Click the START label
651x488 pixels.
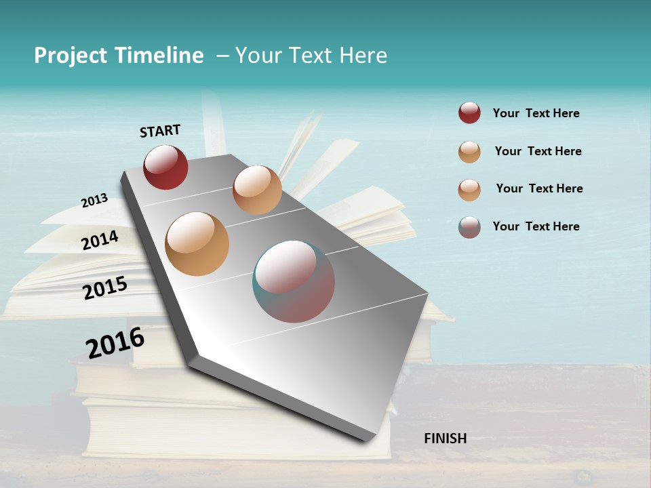160,131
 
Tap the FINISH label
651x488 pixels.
445,439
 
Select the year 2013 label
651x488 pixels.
94,200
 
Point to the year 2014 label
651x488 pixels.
100,240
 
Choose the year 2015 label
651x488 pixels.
105,288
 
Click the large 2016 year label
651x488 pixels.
115,342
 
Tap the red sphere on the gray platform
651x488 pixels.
165,167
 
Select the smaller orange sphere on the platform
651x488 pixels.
257,190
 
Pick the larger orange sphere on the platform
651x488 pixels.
197,244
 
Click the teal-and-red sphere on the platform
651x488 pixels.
294,281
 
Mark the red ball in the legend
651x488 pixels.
469,113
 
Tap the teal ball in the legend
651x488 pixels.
469,227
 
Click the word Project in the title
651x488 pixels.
71,56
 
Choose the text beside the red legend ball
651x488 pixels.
536,113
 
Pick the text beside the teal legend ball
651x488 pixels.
536,226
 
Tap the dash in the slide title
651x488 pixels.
222,56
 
